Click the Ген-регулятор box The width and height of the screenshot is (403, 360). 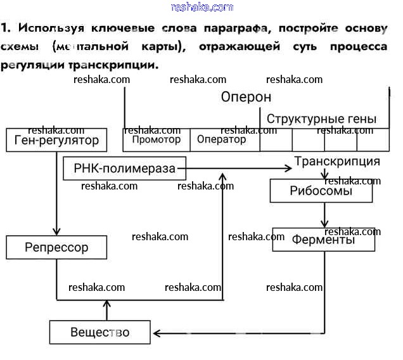pyautogui.click(x=57, y=140)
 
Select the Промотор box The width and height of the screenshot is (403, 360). pyautogui.click(x=156, y=139)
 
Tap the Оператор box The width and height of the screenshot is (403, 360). pyautogui.click(x=222, y=139)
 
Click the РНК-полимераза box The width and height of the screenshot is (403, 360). pyautogui.click(x=125, y=169)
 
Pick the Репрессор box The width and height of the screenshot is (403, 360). pyautogui.click(x=56, y=247)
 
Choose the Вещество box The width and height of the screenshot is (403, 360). pyautogui.click(x=100, y=332)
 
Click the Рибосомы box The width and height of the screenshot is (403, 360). pyautogui.click(x=321, y=191)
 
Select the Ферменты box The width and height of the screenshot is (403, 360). pyautogui.click(x=324, y=240)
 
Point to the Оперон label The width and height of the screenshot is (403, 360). pyautogui.click(x=246, y=97)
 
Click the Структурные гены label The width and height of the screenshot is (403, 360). pyautogui.click(x=321, y=119)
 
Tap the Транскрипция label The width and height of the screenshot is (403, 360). pyautogui.click(x=337, y=161)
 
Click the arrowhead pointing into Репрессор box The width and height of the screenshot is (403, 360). pyautogui.click(x=56, y=231)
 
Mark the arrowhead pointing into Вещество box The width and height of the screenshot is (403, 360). pyautogui.click(x=157, y=332)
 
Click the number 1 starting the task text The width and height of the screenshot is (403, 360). pyautogui.click(x=4, y=29)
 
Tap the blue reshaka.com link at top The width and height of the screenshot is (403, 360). pyautogui.click(x=202, y=7)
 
